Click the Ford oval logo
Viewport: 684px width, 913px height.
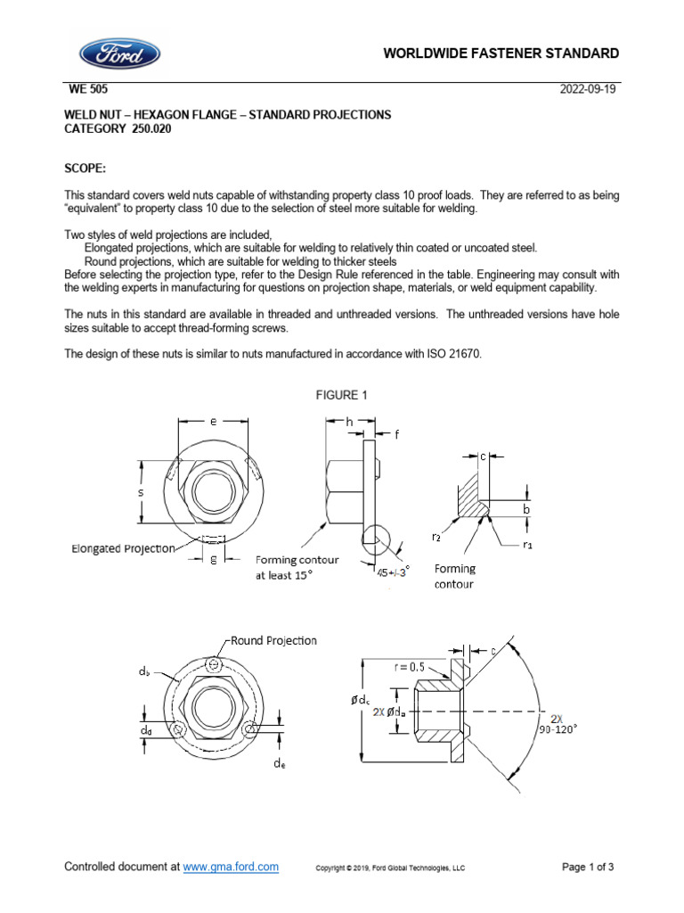(120, 53)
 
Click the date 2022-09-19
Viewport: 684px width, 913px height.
(589, 89)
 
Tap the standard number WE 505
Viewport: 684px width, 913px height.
(89, 89)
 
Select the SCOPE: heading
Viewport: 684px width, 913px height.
(85, 167)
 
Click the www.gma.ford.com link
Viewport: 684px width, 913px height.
(232, 867)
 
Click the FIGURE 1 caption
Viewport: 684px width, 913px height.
(342, 395)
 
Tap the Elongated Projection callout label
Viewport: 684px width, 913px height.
(123, 549)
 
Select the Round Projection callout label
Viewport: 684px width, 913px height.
(273, 640)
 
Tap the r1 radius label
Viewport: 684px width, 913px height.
(526, 542)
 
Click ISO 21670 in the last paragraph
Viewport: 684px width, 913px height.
(452, 354)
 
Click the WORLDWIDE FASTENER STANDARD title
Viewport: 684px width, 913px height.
(501, 53)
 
